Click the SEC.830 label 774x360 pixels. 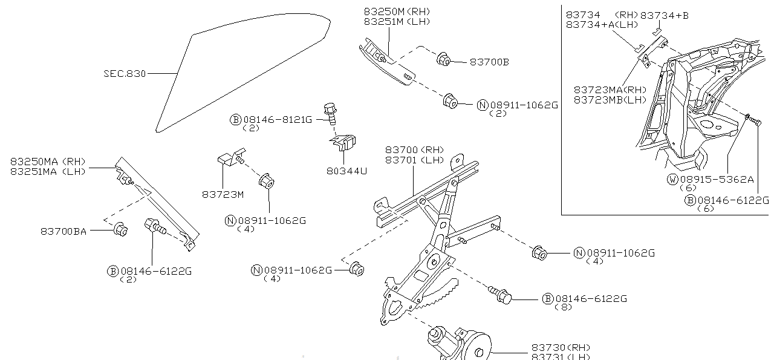click(124, 74)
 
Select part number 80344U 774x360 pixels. click(347, 171)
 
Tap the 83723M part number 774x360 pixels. click(223, 194)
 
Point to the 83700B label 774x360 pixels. click(489, 62)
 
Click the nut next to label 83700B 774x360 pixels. click(442, 59)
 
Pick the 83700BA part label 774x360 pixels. click(63, 231)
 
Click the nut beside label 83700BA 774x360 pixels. click(120, 229)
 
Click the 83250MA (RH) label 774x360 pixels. click(48, 162)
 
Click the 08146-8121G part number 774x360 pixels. click(278, 120)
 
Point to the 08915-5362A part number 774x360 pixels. click(717, 179)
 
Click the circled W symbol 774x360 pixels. click(672, 179)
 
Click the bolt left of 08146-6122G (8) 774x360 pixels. click(501, 296)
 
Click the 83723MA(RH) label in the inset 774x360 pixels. click(610, 90)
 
